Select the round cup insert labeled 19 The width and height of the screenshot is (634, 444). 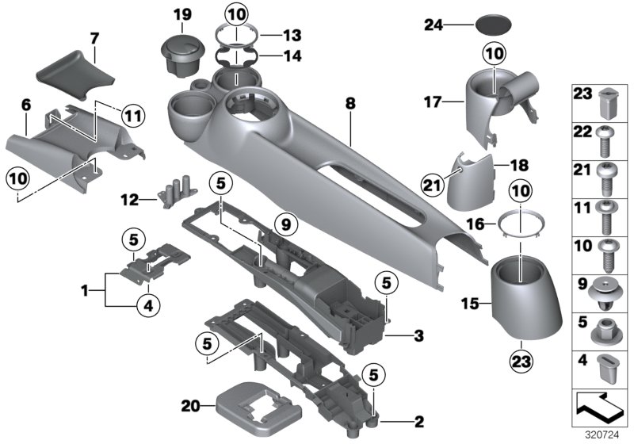[x=184, y=53]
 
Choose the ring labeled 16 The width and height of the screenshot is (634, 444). [x=518, y=225]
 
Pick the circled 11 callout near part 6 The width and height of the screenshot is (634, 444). [x=134, y=115]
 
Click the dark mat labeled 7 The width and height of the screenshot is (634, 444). [x=74, y=75]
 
